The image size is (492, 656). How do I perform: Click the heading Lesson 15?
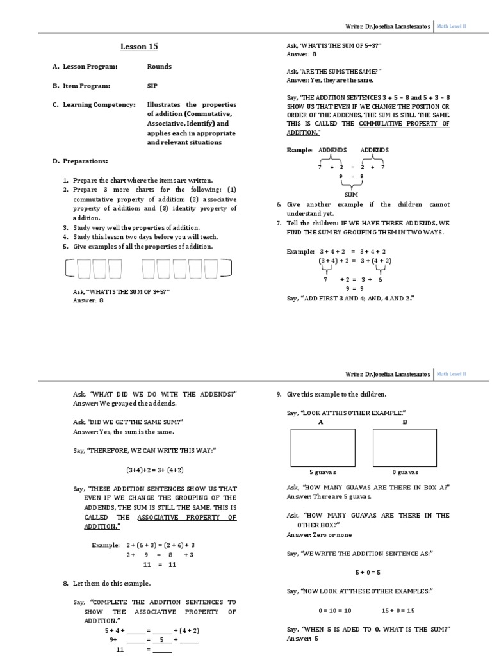tap(139, 47)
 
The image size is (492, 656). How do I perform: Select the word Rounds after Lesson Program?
tap(159, 67)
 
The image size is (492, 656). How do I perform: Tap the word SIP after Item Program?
tap(152, 85)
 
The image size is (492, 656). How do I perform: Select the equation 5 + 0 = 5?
tap(368, 572)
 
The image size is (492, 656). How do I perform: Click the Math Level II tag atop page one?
tap(452, 26)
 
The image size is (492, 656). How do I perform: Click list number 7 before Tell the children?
tap(279, 223)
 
